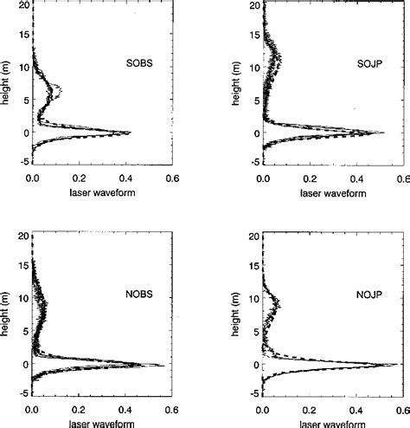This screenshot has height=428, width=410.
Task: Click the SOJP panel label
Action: tap(354, 64)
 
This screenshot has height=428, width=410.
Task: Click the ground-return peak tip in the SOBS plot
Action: tap(131, 133)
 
